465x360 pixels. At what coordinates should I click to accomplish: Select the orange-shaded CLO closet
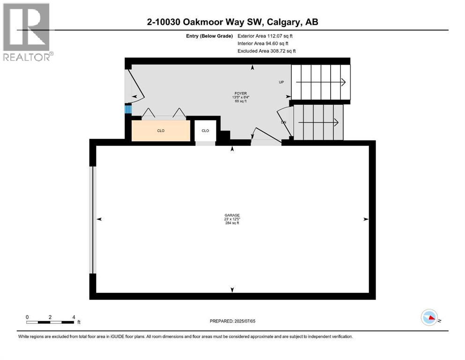pyautogui.click(x=161, y=131)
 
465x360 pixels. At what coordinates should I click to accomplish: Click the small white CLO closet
pyautogui.click(x=205, y=131)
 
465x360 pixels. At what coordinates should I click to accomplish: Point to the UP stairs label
pyautogui.click(x=281, y=82)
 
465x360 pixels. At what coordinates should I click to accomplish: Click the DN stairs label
pyautogui.click(x=283, y=122)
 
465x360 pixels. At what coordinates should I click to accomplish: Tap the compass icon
pyautogui.click(x=429, y=317)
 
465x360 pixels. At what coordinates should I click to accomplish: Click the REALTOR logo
pyautogui.click(x=27, y=32)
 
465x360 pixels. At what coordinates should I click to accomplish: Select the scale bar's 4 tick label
pyautogui.click(x=74, y=317)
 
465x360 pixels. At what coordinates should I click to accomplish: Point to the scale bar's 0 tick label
pyautogui.click(x=27, y=317)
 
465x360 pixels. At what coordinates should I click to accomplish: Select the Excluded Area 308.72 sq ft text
pyautogui.click(x=266, y=51)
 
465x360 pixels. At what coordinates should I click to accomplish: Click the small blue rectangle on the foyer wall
pyautogui.click(x=127, y=109)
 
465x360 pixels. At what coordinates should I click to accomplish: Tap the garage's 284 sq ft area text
pyautogui.click(x=232, y=223)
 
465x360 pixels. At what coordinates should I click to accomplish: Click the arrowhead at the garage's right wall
pyautogui.click(x=366, y=219)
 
